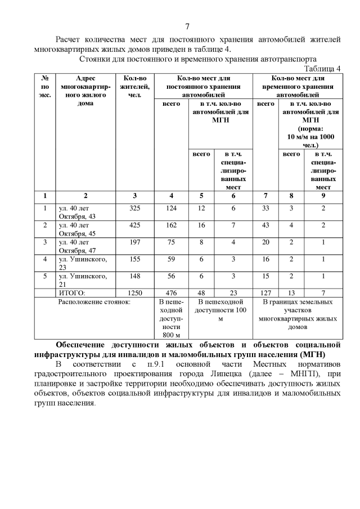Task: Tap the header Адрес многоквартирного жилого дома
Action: point(85,91)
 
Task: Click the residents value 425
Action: point(134,225)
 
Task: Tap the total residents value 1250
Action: point(134,292)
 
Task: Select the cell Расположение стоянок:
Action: point(94,302)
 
